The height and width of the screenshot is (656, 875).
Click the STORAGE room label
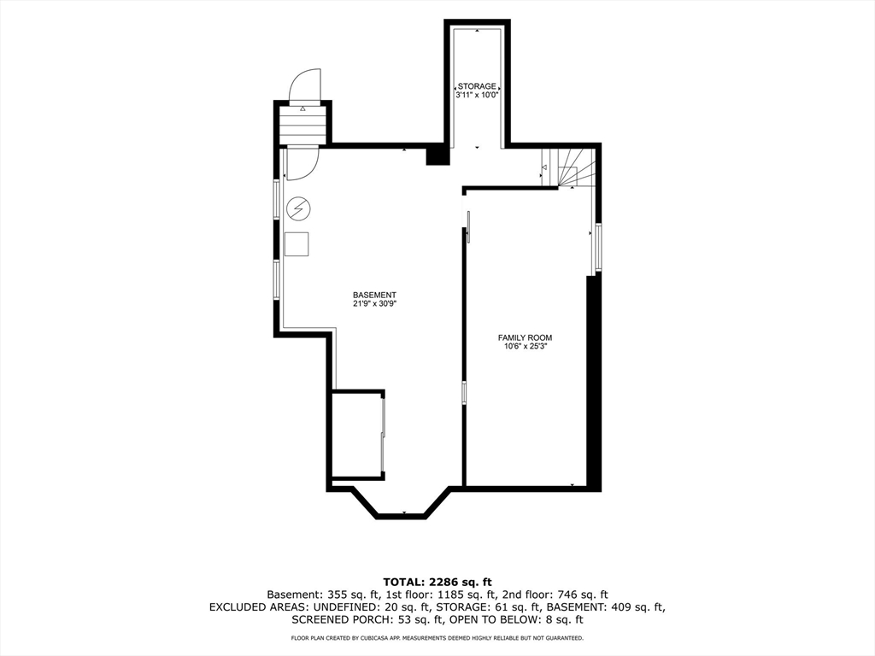477,86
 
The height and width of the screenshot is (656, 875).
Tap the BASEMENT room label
374,295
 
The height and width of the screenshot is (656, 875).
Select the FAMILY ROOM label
526,337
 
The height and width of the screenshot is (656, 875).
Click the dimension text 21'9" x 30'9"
374,304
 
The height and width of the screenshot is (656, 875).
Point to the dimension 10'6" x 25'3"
526,347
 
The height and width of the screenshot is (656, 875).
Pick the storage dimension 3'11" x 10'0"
477,96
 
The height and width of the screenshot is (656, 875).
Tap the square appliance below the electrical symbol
297,243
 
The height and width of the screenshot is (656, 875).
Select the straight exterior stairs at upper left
302,126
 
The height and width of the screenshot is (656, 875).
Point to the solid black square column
437,155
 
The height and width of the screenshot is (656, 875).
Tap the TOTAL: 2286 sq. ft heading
437,583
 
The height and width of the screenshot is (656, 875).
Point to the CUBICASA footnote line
437,637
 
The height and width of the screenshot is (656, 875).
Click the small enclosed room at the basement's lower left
356,435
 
